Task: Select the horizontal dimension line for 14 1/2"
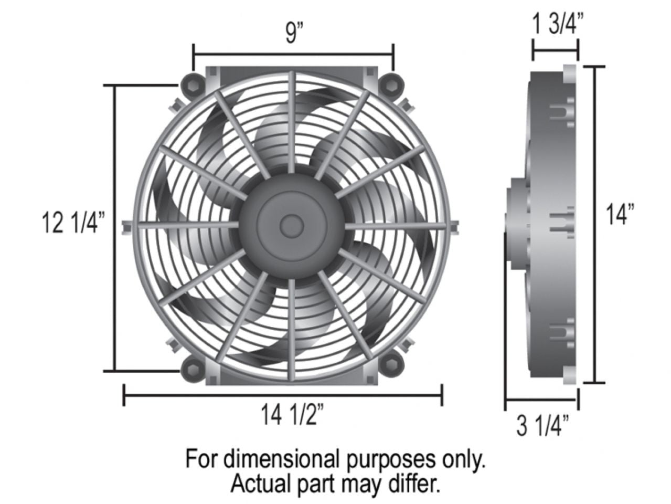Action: point(283,395)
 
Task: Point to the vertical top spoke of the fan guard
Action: point(292,121)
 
